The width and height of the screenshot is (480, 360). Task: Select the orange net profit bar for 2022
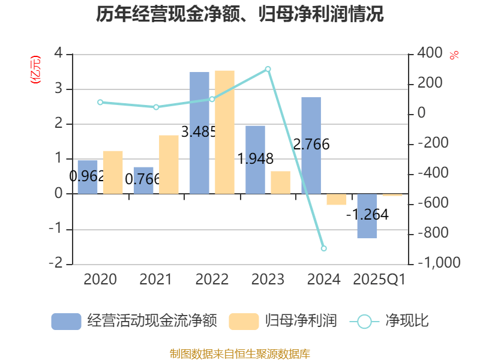[x=224, y=132]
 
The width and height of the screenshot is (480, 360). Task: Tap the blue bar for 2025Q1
[x=367, y=216]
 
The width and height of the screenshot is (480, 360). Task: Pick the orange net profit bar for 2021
[x=169, y=164]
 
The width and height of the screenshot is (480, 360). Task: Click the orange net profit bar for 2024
[x=337, y=199]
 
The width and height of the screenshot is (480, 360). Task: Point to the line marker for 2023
[x=268, y=69]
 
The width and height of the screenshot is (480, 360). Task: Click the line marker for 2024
[x=324, y=248]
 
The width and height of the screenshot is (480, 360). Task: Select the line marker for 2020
[x=100, y=103]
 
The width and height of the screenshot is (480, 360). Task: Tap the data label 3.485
[x=198, y=131]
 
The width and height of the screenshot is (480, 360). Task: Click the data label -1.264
[x=367, y=214]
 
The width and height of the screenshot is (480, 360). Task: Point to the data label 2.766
[x=311, y=144]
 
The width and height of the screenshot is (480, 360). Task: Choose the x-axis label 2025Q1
[x=379, y=279]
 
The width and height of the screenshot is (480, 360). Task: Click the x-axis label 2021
[x=155, y=279]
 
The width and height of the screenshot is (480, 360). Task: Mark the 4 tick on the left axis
[x=59, y=53]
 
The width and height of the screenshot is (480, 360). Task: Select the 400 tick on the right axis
[x=429, y=53]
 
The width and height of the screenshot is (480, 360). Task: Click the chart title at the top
[x=240, y=14]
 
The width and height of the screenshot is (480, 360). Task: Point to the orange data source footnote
[x=240, y=353]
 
